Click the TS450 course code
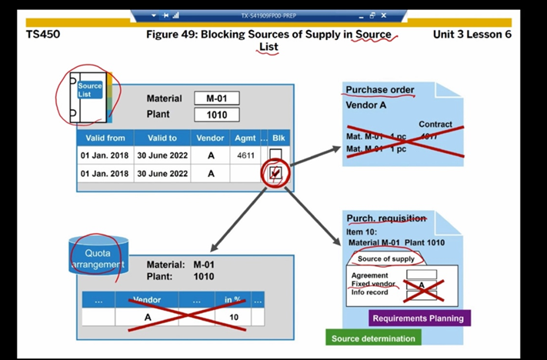[43, 35]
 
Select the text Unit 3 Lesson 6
[472, 35]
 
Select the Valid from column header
[104, 138]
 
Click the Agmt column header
[245, 138]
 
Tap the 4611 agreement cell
[245, 155]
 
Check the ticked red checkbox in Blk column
[275, 174]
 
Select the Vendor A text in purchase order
[366, 105]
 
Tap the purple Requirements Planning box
[418, 318]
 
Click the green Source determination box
[373, 338]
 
